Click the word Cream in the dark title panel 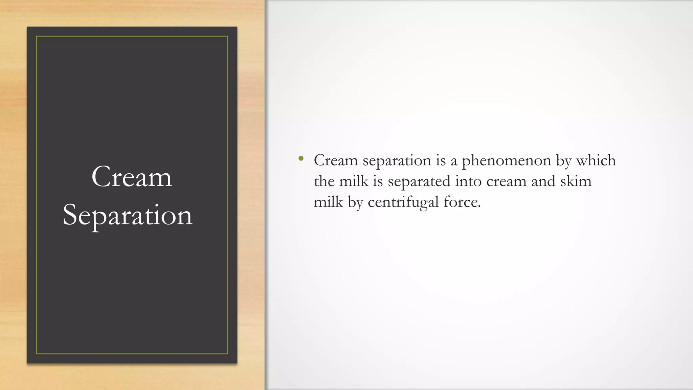pyautogui.click(x=132, y=177)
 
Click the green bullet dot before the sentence pyautogui.click(x=301, y=158)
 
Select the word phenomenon pyautogui.click(x=507, y=161)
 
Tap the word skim pyautogui.click(x=576, y=181)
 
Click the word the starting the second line pyautogui.click(x=324, y=181)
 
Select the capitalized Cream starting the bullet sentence pyautogui.click(x=336, y=160)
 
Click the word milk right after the pyautogui.click(x=353, y=181)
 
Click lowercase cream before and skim pyautogui.click(x=506, y=181)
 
